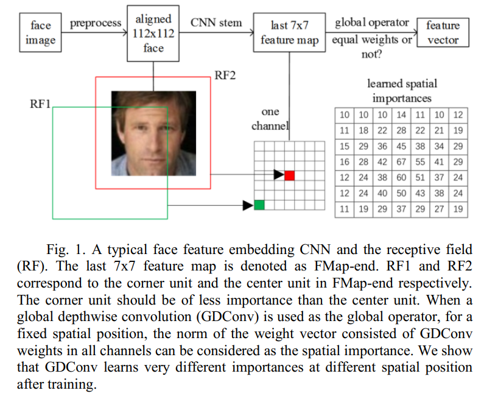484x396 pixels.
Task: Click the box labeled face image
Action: pyautogui.click(x=41, y=34)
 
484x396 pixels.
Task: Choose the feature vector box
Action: pyautogui.click(x=443, y=34)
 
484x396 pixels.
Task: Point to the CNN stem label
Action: pyautogui.click(x=216, y=24)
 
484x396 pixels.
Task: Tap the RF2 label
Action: pyautogui.click(x=225, y=76)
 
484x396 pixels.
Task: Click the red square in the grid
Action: pyautogui.click(x=290, y=175)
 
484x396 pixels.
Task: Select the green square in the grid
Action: pyautogui.click(x=260, y=205)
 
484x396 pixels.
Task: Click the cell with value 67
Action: pyautogui.click(x=401, y=161)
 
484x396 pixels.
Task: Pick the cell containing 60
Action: pyautogui.click(x=401, y=177)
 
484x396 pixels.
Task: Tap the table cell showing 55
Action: pyautogui.click(x=421, y=161)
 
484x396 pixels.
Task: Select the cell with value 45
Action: pyautogui.click(x=401, y=146)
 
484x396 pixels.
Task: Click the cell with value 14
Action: pyautogui.click(x=401, y=115)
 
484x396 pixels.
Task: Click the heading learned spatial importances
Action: pyautogui.click(x=402, y=91)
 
